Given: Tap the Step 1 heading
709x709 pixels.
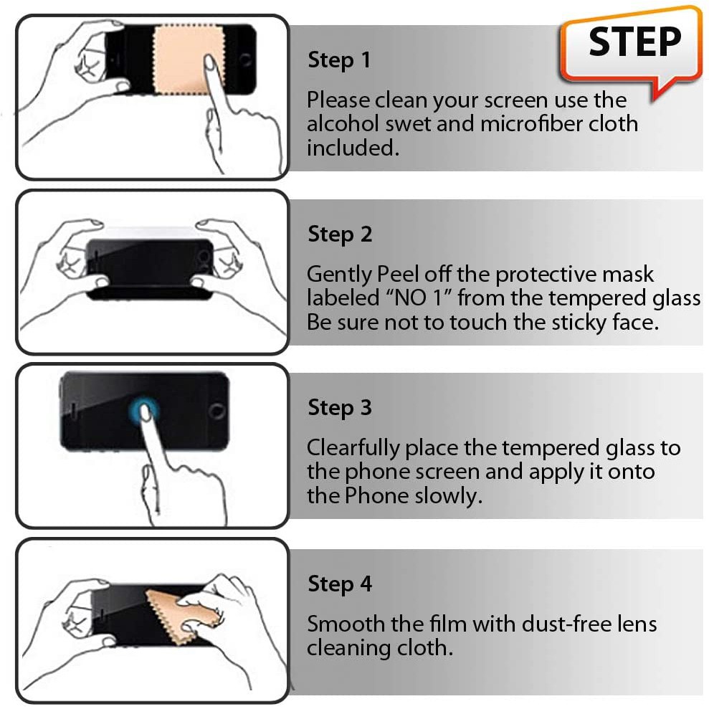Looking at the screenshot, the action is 339,60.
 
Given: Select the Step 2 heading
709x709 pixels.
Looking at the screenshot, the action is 340,234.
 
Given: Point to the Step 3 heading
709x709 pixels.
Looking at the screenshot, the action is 340,407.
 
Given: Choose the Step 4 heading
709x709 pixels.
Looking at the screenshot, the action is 340,584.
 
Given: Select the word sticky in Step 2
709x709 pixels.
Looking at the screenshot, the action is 579,323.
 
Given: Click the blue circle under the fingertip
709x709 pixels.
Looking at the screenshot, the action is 144,409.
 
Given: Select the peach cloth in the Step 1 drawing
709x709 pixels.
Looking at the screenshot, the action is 189,60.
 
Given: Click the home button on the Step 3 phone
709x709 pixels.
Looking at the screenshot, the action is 216,411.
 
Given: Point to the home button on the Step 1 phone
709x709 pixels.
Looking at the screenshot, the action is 244,60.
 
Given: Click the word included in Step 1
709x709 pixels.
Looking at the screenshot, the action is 353,148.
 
